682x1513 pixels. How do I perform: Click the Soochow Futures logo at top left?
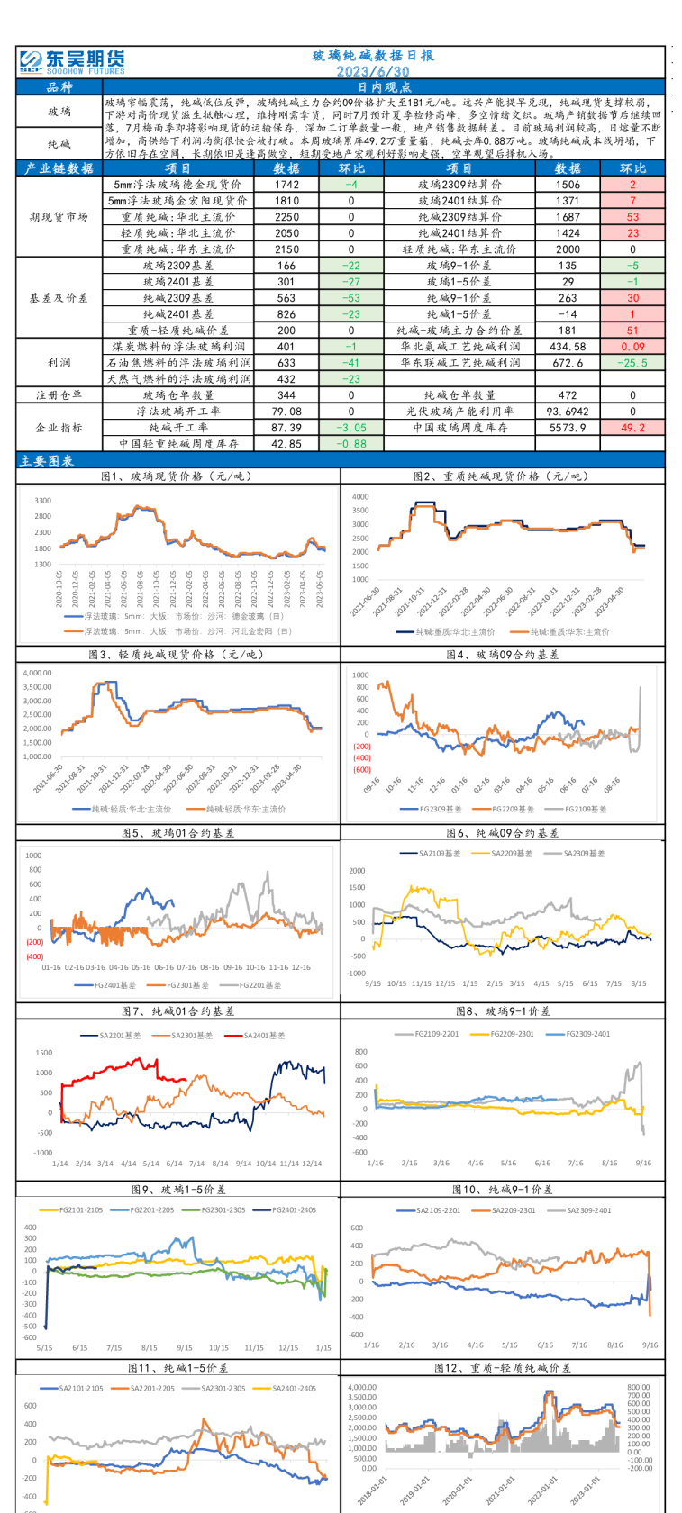click(x=72, y=61)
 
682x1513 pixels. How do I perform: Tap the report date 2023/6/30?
click(x=373, y=71)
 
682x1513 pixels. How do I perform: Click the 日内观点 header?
click(x=385, y=87)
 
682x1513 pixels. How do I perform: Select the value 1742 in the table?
click(x=287, y=185)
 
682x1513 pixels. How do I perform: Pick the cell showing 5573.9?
click(x=568, y=428)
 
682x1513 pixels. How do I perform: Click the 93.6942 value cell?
click(x=568, y=412)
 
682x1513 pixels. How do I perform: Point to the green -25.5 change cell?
click(x=632, y=363)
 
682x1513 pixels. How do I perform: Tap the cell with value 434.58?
click(x=568, y=347)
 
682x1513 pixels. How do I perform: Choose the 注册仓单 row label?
click(x=59, y=395)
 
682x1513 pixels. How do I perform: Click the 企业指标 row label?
click(x=59, y=428)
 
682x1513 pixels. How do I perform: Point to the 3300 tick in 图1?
click(x=42, y=500)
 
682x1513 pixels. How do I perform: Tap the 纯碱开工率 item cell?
click(x=178, y=428)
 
